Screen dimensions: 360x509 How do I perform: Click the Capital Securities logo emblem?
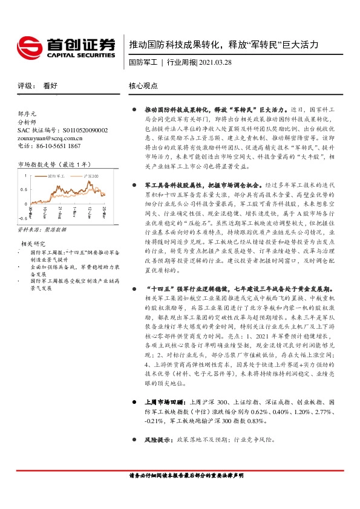28,45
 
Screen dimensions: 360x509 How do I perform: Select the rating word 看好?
50,86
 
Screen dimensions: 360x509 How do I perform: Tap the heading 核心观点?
144,86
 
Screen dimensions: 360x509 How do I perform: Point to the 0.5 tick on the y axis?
23,189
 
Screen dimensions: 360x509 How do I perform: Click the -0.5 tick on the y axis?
22,218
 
